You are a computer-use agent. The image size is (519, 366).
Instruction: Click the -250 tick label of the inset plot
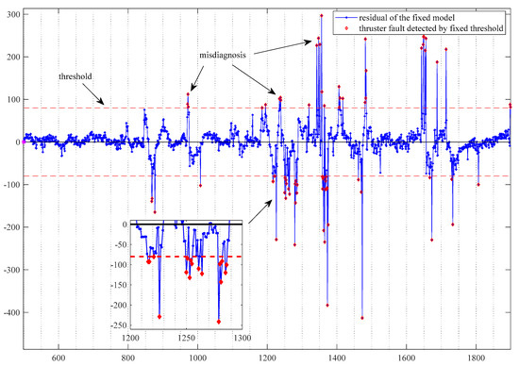(x=117, y=308)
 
